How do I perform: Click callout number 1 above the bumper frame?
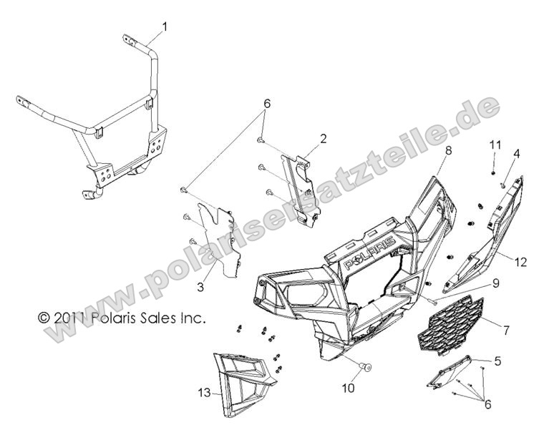(x=165, y=26)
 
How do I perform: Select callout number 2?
(x=323, y=139)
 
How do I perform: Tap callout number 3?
(x=200, y=287)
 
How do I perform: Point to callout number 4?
(x=517, y=154)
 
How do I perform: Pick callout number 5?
(x=498, y=361)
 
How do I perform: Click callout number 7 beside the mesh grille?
(x=506, y=331)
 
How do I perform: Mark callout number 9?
(x=495, y=284)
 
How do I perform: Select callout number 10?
(x=349, y=388)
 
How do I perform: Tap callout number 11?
(x=495, y=145)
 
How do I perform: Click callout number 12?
(x=521, y=262)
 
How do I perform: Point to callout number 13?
(x=204, y=393)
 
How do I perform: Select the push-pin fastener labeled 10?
(x=365, y=366)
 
